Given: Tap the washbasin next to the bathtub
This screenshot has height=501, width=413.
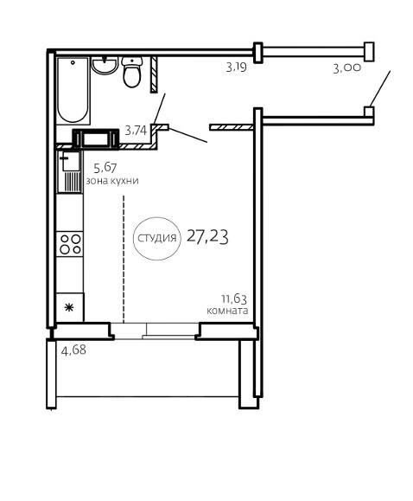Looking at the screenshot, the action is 105,65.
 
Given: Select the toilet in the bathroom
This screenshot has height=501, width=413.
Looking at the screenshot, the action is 132,72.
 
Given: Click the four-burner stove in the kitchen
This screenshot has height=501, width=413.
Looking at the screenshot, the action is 70,244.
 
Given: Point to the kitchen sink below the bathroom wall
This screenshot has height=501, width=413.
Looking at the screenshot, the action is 70,172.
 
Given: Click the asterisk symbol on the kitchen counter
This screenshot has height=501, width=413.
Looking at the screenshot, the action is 69,307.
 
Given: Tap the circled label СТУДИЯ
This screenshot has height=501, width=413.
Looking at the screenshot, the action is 156,238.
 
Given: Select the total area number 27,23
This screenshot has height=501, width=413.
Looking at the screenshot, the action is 207,237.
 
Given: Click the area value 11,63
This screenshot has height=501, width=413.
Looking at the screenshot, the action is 234,299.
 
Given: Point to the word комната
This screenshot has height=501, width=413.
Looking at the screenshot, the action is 227,311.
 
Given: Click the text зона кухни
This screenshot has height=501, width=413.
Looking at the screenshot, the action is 112,181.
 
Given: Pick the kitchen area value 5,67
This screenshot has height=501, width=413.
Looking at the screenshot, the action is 105,167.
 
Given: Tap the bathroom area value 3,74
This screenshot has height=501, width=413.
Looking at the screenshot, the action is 136,131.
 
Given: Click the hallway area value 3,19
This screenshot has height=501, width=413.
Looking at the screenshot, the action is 237,67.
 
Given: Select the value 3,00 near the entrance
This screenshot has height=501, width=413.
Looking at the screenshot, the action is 347,68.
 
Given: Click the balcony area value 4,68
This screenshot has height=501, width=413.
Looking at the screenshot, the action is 73,350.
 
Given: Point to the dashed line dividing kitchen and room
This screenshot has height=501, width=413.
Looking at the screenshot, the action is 124,259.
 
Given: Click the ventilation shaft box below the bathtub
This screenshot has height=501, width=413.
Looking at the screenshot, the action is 95,139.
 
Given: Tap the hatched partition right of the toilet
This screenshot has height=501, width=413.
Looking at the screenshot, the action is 154,74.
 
